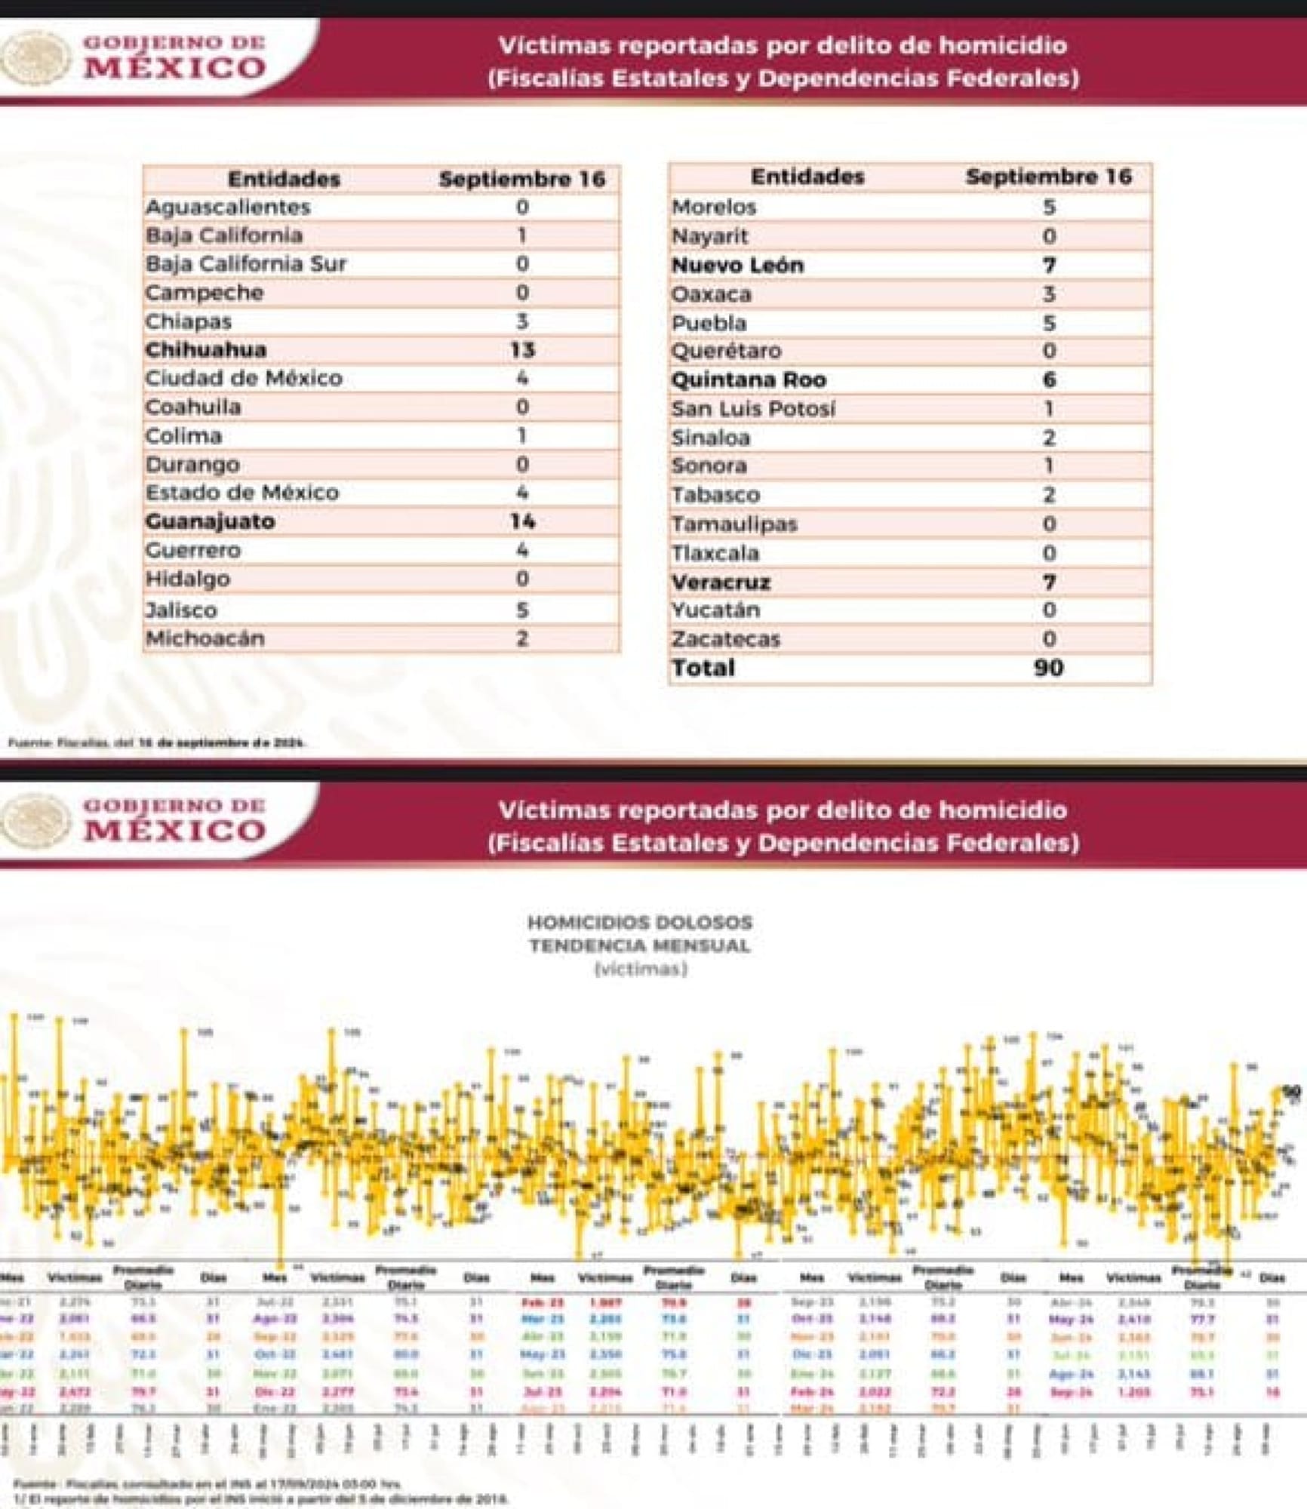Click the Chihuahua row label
[206, 349]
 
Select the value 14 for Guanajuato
[522, 521]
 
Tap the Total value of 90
[1048, 668]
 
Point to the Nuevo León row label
[737, 265]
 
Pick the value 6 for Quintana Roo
[1049, 380]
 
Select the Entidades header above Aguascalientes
[284, 179]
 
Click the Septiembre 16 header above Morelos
[1048, 177]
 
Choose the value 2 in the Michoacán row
[522, 638]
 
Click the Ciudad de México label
[244, 378]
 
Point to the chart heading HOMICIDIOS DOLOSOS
[639, 922]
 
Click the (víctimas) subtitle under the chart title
[640, 969]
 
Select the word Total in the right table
[703, 668]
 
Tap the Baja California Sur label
[246, 263]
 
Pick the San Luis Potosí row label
[753, 408]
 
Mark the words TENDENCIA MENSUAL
[639, 945]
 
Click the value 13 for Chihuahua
[522, 349]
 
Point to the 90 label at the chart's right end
[1292, 1091]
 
